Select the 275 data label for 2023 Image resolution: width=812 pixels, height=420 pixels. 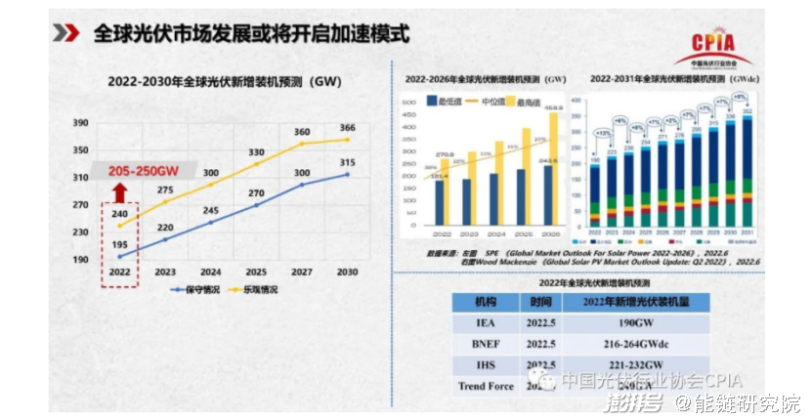point(165,190)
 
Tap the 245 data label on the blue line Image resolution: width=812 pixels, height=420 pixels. point(212,211)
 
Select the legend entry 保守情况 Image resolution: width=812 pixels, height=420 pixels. point(196,290)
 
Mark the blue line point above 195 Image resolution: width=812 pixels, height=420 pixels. point(118,256)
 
